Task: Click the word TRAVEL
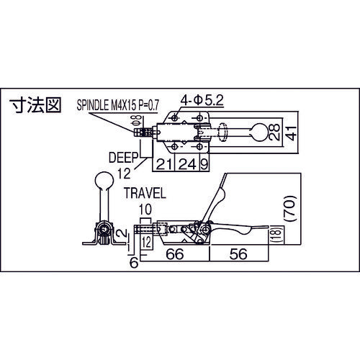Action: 144,194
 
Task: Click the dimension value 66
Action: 174,254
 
